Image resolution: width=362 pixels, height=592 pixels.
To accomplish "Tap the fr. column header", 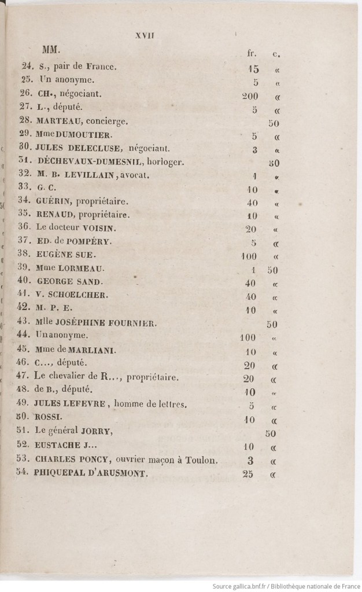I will coord(251,54).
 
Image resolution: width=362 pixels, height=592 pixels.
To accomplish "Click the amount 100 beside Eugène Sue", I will coord(249,255).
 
